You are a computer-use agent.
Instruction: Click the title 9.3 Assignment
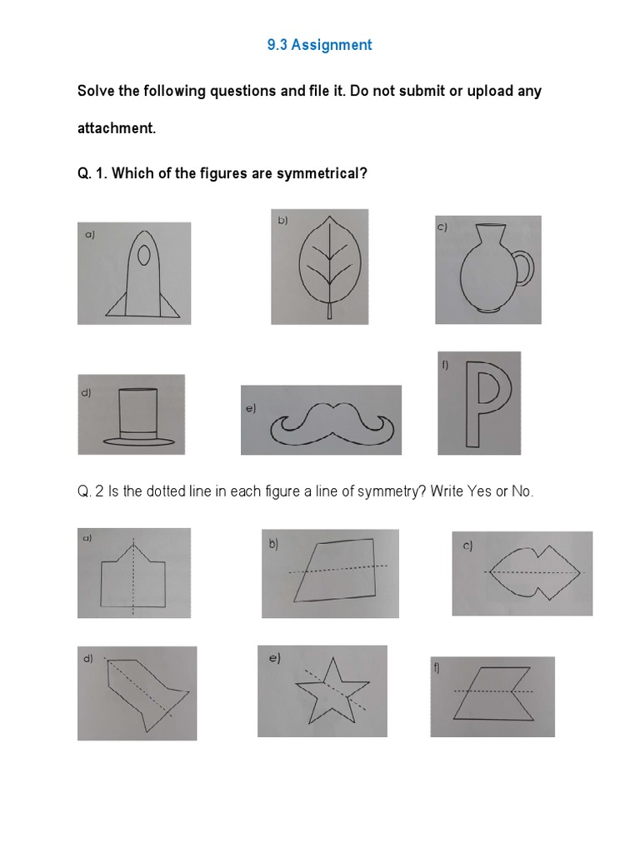tap(319, 45)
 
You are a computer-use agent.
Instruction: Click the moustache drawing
tap(329, 422)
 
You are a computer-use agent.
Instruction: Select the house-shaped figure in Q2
tap(132, 573)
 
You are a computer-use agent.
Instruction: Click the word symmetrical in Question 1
tap(321, 172)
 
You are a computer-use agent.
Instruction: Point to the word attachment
tap(116, 129)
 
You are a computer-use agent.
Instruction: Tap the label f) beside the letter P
tap(445, 364)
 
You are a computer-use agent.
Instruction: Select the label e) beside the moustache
tap(250, 407)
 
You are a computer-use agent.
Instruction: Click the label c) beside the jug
tap(442, 227)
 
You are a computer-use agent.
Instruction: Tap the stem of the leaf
tap(329, 311)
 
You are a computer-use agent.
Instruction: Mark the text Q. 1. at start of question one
tap(92, 172)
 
